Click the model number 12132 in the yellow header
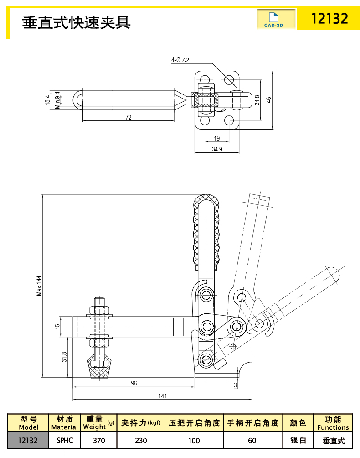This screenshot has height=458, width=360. pos(329,18)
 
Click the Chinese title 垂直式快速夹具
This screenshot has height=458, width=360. pos(77,21)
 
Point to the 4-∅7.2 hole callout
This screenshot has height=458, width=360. pos(180,60)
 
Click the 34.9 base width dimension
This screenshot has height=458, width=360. pos(216,149)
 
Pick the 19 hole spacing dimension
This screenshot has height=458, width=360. pos(216,138)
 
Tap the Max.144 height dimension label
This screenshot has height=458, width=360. pos(39,286)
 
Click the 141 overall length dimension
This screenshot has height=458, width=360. pos(163,396)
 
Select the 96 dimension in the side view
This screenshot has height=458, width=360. pos(134,383)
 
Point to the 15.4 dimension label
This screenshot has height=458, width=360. pos(47,99)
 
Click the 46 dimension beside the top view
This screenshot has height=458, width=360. pos(269,99)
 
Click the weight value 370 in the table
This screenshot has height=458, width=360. pos(98,441)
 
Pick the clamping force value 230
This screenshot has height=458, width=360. pos(141,441)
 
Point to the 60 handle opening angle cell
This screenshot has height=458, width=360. pos(252,441)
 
